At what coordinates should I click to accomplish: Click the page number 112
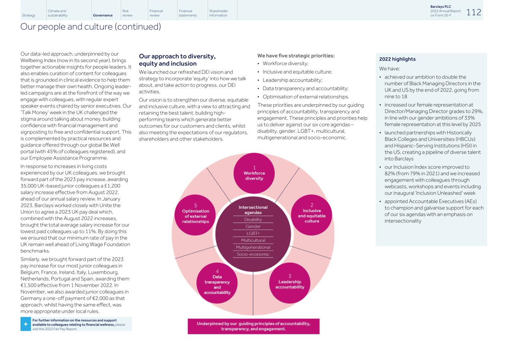[x=473, y=12]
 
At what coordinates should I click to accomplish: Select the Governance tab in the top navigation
[x=103, y=15]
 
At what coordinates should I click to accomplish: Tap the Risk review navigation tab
[x=127, y=13]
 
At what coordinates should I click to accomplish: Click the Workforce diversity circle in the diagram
[x=254, y=173]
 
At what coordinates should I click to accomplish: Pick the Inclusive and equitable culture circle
[x=311, y=215]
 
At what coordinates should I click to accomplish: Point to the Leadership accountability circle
[x=290, y=283]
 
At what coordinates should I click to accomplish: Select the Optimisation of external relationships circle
[x=195, y=215]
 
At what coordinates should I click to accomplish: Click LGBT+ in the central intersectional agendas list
[x=253, y=234]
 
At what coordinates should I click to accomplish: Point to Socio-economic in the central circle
[x=253, y=254]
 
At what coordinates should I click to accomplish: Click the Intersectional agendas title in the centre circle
[x=253, y=210]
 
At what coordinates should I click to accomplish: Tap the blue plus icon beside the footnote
[x=26, y=324]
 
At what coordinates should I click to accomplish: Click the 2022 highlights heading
[x=397, y=59]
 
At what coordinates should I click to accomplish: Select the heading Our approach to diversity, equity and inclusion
[x=177, y=60]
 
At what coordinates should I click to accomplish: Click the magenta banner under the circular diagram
[x=253, y=326]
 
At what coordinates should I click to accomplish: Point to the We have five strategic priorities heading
[x=296, y=56]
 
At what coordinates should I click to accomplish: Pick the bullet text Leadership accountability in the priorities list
[x=292, y=80]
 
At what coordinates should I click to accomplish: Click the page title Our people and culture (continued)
[x=90, y=27]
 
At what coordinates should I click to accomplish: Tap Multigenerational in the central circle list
[x=253, y=247]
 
